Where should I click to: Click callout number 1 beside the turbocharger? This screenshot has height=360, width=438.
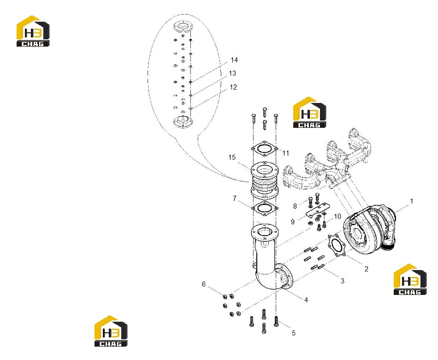click(411, 201)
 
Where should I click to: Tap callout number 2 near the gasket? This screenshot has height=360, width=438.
click(366, 269)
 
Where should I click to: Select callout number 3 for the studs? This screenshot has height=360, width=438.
click(343, 281)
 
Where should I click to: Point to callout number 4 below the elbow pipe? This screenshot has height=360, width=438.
click(306, 300)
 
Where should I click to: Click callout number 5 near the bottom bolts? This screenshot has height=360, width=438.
click(294, 333)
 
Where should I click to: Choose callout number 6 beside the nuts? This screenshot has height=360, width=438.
click(204, 284)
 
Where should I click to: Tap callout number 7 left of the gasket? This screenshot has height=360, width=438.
click(235, 198)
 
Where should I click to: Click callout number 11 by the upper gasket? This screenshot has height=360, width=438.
click(285, 153)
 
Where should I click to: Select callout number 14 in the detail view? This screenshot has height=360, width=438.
click(234, 60)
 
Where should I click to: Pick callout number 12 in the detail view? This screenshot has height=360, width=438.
click(233, 87)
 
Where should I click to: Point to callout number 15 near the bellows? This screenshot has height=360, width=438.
click(232, 157)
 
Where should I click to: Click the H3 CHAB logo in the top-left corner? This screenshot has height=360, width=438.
click(33, 31)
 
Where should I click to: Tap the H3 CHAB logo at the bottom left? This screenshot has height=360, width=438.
click(111, 331)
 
